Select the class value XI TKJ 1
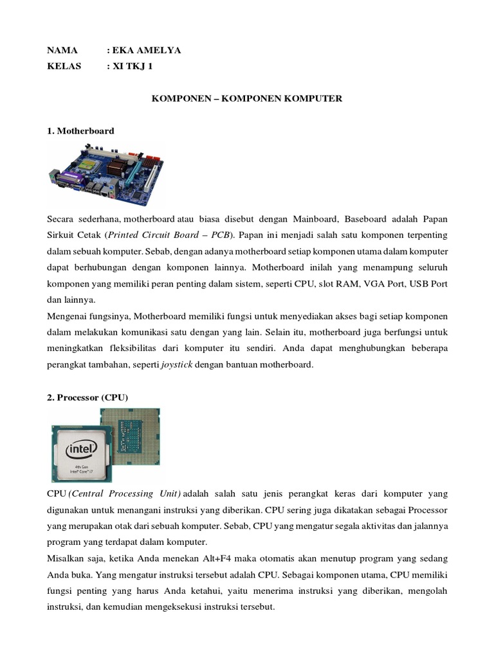(133, 66)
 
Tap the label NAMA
(62, 50)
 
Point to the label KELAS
(65, 66)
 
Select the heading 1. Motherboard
(80, 130)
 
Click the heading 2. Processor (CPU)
(87, 398)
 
